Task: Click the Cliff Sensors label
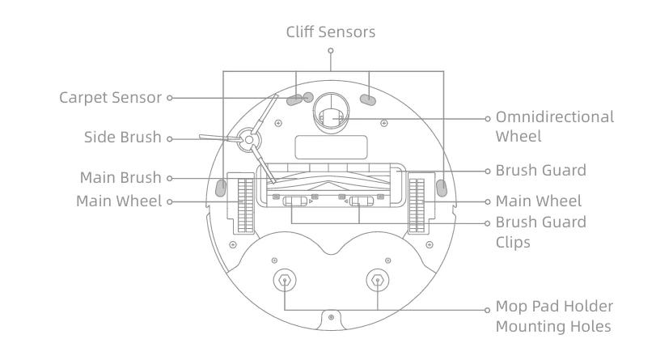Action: click(x=331, y=32)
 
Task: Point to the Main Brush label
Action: click(x=121, y=177)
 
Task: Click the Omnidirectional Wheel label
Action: click(x=554, y=126)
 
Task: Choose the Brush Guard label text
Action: click(x=540, y=172)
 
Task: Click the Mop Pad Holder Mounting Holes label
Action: click(x=554, y=317)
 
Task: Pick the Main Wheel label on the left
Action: click(x=119, y=201)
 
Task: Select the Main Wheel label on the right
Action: click(x=538, y=201)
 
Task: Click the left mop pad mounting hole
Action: click(x=286, y=281)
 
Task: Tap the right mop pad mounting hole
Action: click(x=378, y=281)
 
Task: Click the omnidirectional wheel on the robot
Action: click(x=330, y=117)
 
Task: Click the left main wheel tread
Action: click(x=240, y=202)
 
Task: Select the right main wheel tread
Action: click(x=417, y=202)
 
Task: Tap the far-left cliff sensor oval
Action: click(x=221, y=188)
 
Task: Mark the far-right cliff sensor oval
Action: click(x=441, y=188)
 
